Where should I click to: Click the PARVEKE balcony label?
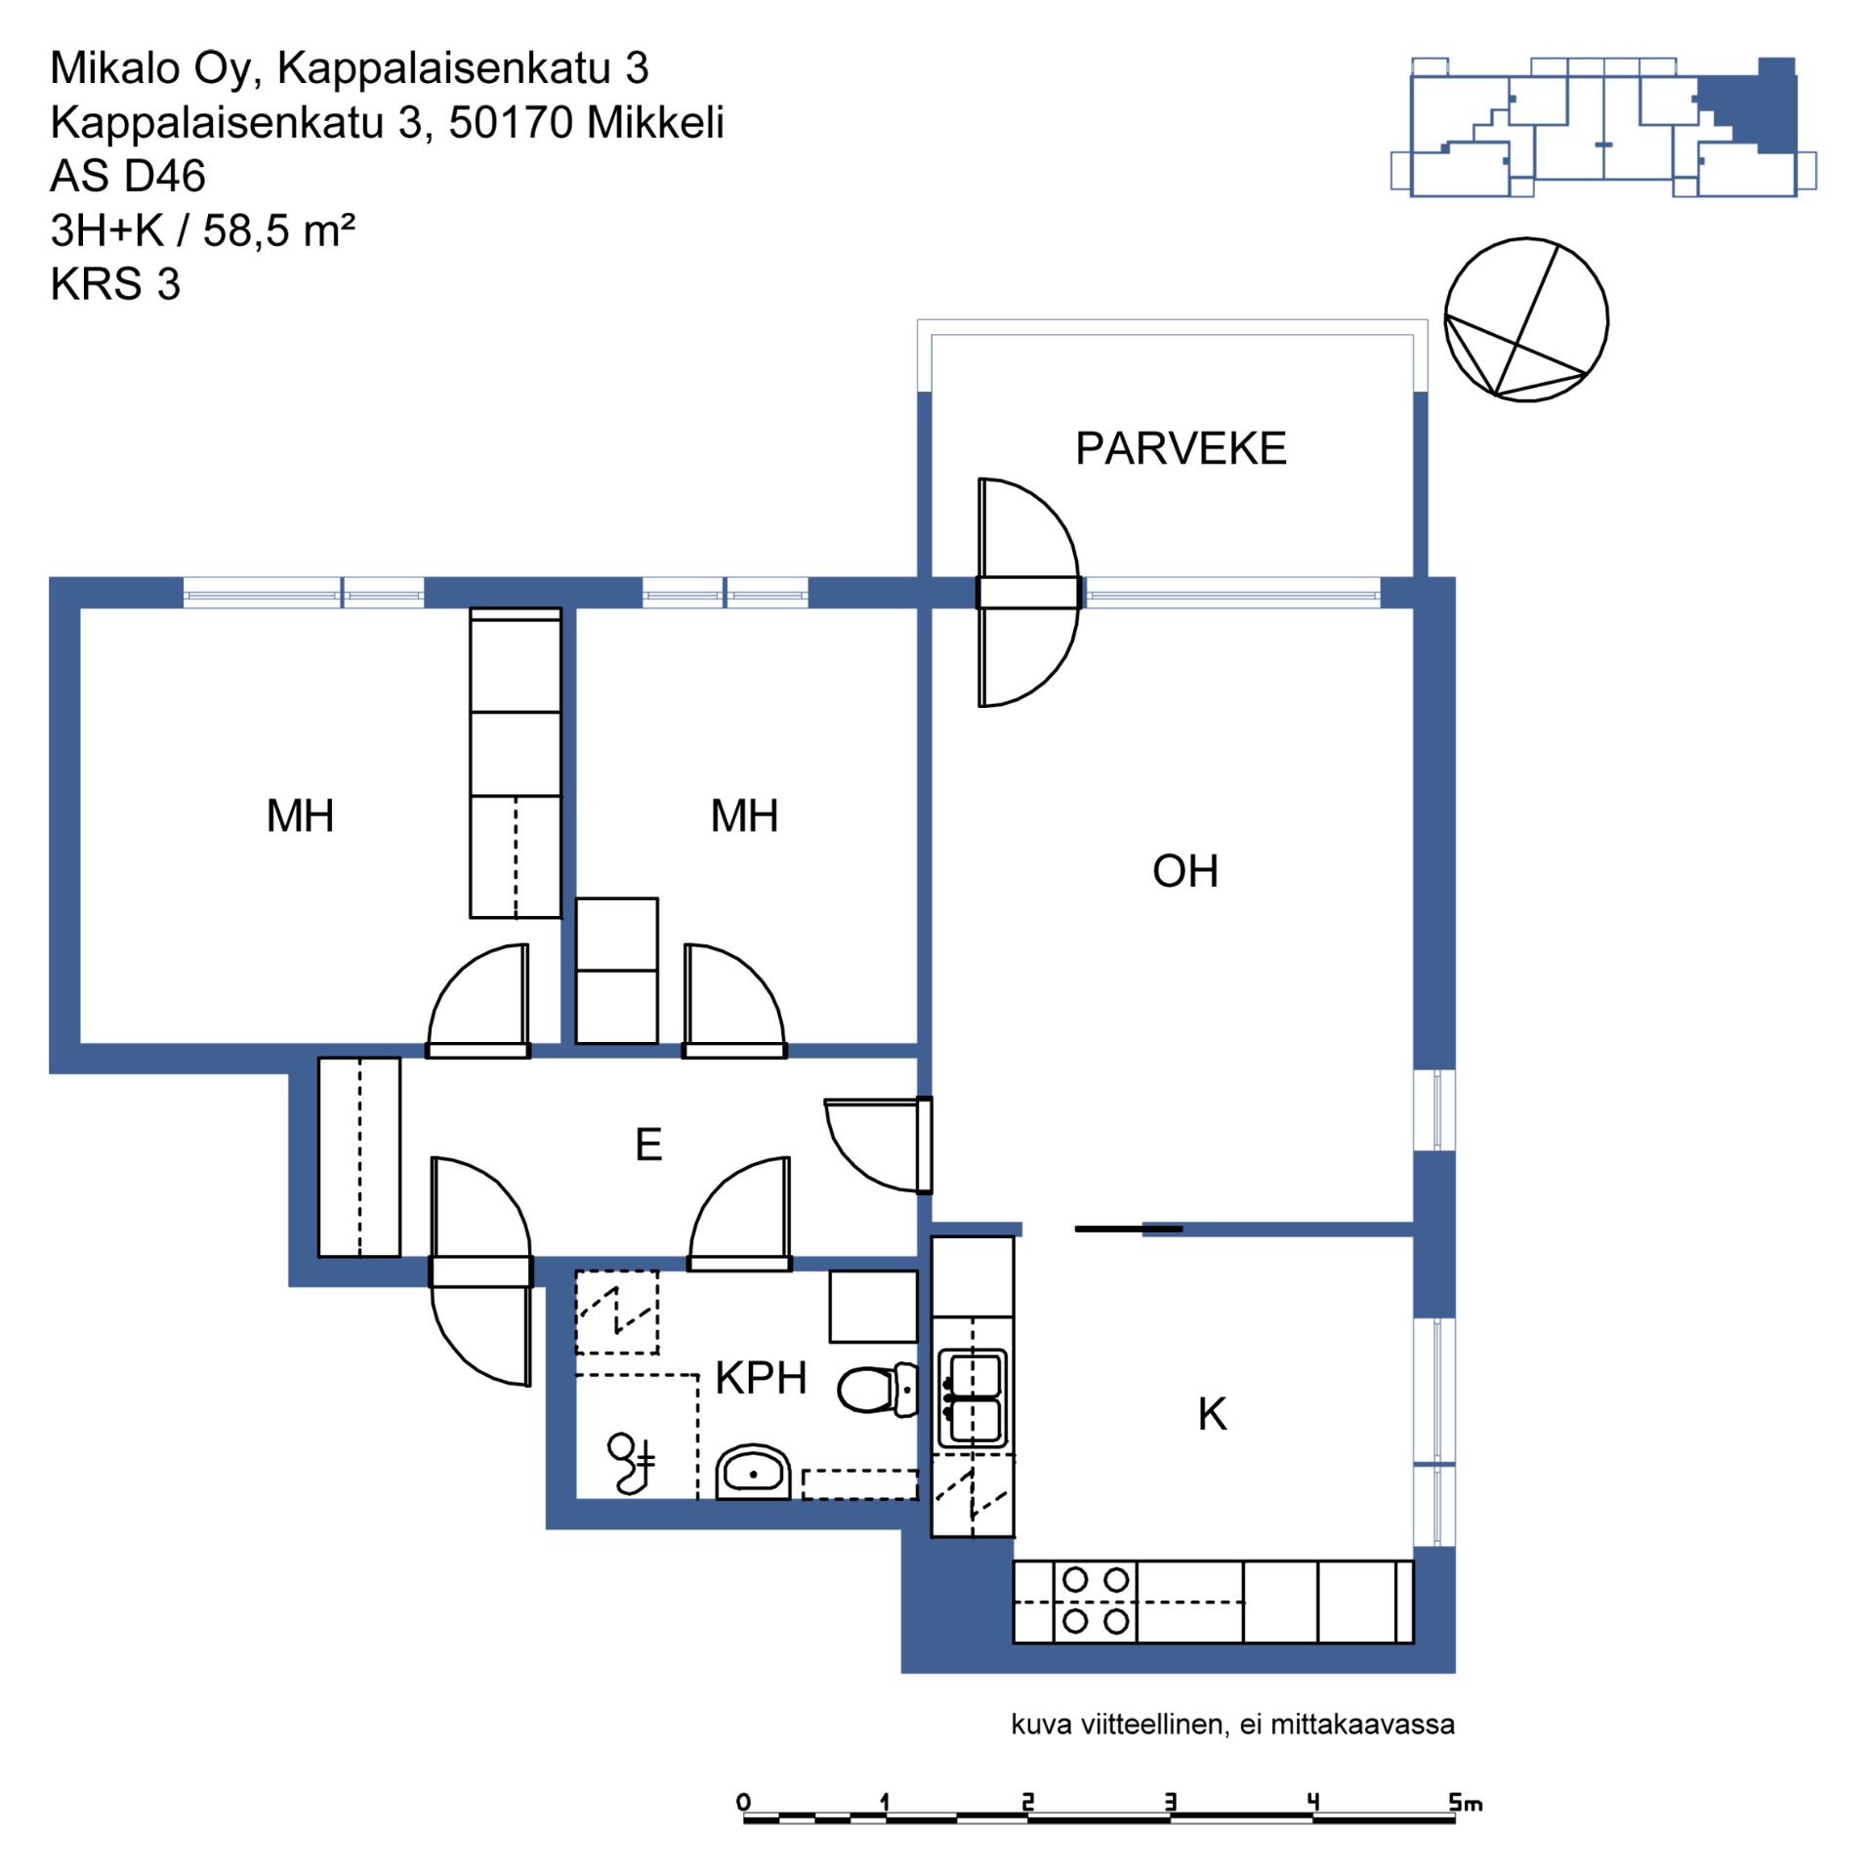coord(1180,448)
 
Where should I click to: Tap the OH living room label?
coord(1184,871)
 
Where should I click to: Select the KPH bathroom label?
coord(761,1378)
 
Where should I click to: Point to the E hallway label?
coord(648,1144)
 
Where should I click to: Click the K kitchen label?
coord(1212,1414)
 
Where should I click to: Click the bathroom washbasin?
coord(753,1472)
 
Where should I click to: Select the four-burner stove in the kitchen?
coord(1095,1601)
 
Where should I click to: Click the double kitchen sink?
coord(972,1398)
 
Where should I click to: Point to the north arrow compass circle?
coord(1525,319)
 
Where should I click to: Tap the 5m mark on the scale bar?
coord(1465,1802)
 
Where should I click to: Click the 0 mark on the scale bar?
coord(744,1802)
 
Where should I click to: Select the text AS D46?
coord(128,177)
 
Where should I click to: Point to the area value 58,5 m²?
coord(279,230)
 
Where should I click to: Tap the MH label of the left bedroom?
coord(300,815)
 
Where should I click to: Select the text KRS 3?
coord(115,284)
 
